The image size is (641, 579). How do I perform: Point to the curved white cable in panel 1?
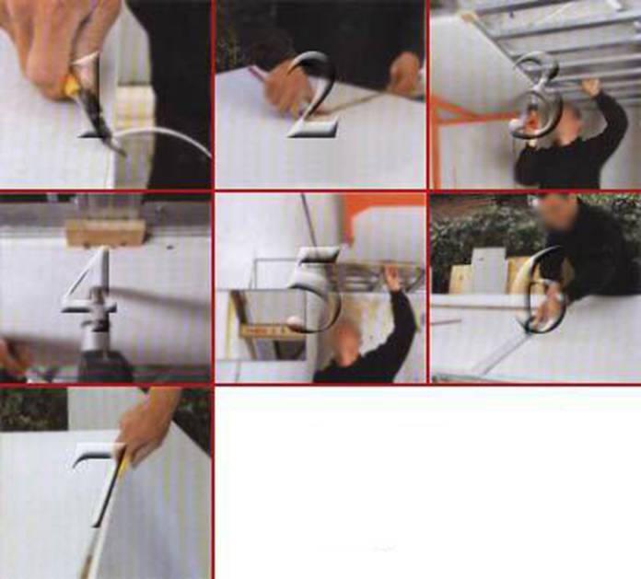[x=164, y=133]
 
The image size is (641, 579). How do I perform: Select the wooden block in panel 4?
[x=107, y=232]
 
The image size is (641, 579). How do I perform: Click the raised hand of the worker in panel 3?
[x=591, y=87]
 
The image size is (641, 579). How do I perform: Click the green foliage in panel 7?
[x=33, y=409]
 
